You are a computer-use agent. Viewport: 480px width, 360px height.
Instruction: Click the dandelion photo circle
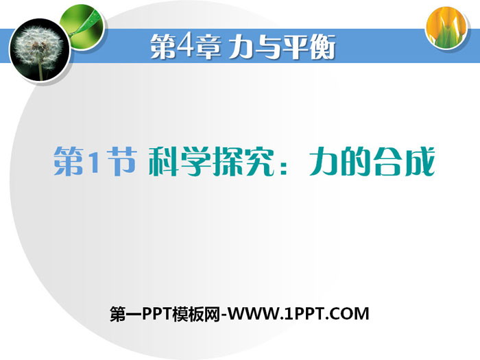(40, 50)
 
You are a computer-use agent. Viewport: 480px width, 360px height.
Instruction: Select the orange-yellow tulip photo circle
(447, 27)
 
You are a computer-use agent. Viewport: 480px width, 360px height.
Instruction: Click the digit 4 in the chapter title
(185, 46)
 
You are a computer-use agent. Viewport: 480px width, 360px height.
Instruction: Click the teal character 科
(164, 161)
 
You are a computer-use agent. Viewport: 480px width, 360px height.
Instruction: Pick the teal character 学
(196, 161)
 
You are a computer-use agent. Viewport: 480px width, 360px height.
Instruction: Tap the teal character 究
(259, 161)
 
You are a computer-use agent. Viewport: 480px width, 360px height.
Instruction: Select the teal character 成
(419, 161)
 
